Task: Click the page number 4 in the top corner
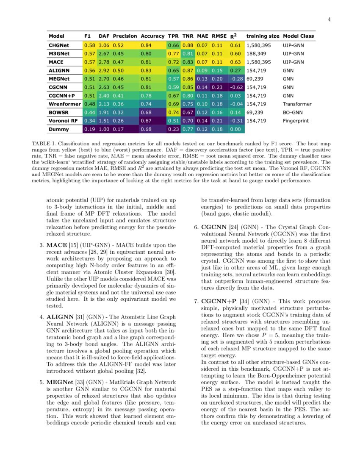[x=330, y=20]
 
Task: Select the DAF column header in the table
[x=104, y=36]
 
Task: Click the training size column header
[x=263, y=36]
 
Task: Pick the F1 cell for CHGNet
[x=89, y=45]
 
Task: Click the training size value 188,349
[x=256, y=53]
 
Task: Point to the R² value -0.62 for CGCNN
[x=235, y=87]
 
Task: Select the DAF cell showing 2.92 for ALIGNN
[x=104, y=70]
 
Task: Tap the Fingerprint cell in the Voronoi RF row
[x=296, y=121]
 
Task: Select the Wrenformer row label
[x=64, y=104]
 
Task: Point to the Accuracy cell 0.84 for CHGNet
[x=146, y=45]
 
